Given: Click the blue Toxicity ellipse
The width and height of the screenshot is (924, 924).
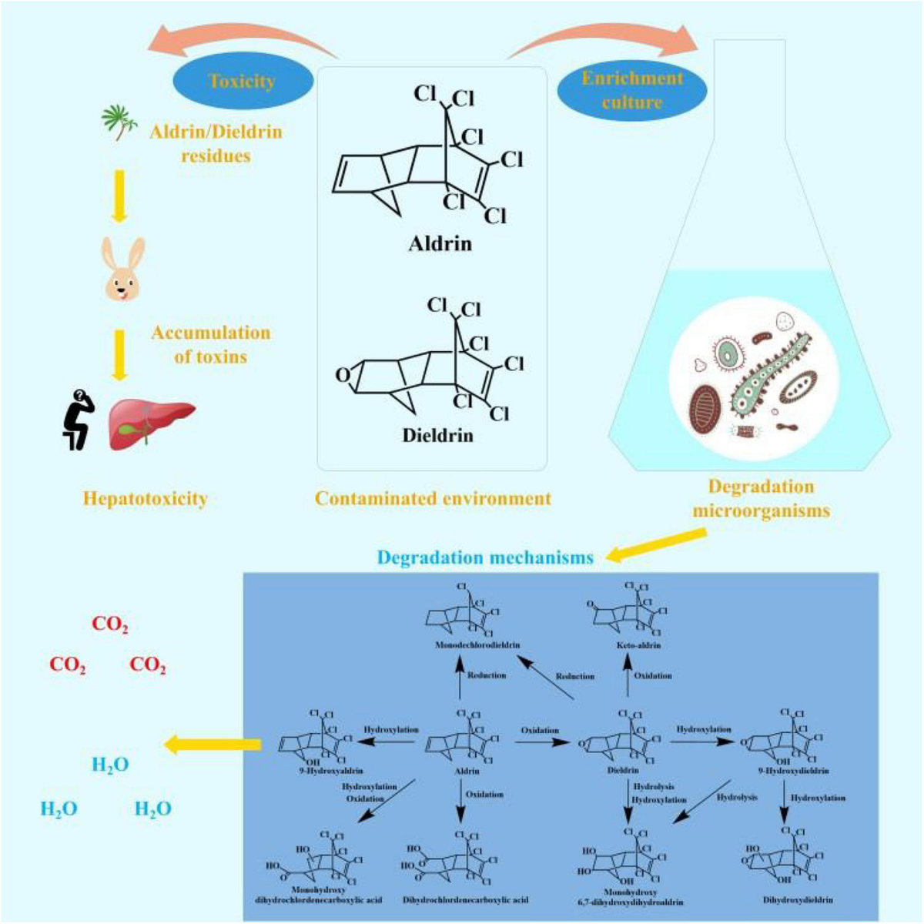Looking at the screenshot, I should point(242,81).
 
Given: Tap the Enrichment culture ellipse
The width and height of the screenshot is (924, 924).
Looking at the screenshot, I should point(632,90).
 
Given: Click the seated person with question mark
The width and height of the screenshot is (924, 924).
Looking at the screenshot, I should point(77,420).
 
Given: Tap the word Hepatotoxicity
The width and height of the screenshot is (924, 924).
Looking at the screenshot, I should point(146,498).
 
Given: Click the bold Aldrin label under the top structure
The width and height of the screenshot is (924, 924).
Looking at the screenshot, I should point(440,245).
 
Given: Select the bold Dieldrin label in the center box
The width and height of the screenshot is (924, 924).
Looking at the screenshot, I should point(437,435).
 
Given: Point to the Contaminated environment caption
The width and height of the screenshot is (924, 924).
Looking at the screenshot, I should point(433,498).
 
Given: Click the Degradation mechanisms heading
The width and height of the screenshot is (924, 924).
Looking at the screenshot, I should point(485,557).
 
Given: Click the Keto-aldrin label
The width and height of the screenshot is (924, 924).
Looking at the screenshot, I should point(638,644).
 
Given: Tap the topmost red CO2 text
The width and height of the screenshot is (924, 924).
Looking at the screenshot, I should point(110,624).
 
